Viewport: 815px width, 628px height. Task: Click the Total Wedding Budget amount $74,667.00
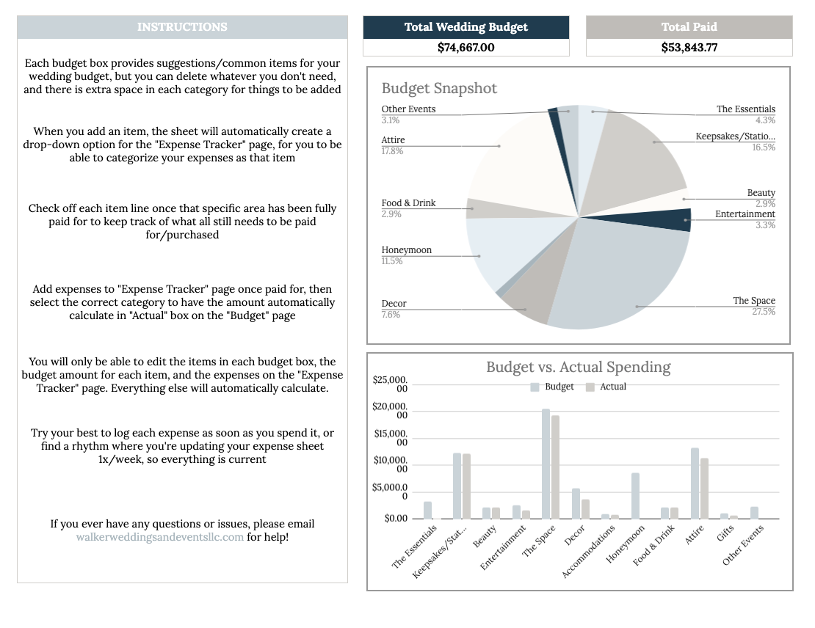click(466, 47)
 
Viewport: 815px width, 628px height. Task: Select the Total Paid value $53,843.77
click(689, 47)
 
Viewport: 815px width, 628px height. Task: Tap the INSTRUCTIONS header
click(182, 27)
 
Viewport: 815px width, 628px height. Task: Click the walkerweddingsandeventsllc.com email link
click(159, 537)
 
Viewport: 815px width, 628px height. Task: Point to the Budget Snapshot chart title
click(439, 88)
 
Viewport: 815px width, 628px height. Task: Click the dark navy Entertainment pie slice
click(675, 219)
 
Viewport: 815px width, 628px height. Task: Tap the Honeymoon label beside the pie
click(407, 250)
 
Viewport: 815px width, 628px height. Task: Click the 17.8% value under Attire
click(392, 151)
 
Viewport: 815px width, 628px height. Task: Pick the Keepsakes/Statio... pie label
click(736, 136)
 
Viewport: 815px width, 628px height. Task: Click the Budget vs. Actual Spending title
click(578, 368)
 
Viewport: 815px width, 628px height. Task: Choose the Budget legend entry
click(552, 387)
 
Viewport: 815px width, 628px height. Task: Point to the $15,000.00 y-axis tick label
click(391, 438)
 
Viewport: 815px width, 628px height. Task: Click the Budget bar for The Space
click(546, 464)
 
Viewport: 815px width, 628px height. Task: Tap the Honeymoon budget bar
click(635, 496)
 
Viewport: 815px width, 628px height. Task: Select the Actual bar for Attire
click(704, 489)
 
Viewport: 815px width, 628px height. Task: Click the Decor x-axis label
click(575, 536)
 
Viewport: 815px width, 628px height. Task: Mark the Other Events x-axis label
click(743, 545)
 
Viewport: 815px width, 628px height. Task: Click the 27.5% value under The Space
click(764, 312)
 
